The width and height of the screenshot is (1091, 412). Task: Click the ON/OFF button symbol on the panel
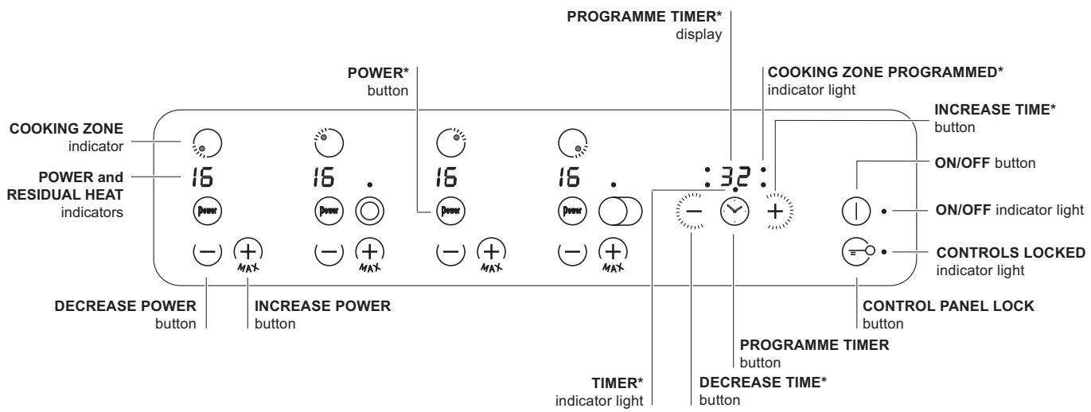tap(856, 212)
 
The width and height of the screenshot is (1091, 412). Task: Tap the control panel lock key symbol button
tap(856, 252)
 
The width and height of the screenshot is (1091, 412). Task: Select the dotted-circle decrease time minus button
tap(690, 212)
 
